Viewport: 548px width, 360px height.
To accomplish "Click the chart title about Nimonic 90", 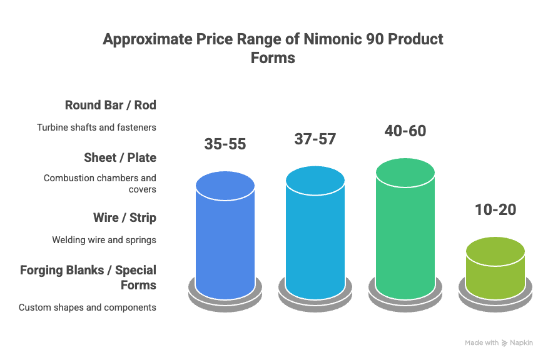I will pyautogui.click(x=273, y=48).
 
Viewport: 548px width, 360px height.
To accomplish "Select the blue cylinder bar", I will pyautogui.click(x=225, y=237).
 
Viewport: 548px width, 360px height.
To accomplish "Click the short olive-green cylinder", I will pyautogui.click(x=495, y=269).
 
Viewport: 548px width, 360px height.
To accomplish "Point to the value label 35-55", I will pyautogui.click(x=225, y=144).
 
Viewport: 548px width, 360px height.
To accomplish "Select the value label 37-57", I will pyautogui.click(x=315, y=139).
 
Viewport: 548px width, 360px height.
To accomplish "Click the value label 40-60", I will pyautogui.click(x=405, y=131).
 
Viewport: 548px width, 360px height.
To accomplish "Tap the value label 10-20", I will pyautogui.click(x=495, y=209).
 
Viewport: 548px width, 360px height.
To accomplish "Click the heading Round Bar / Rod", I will pyautogui.click(x=110, y=105).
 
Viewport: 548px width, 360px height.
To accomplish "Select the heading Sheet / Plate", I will pyautogui.click(x=120, y=157).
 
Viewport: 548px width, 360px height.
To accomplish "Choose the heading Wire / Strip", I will pyautogui.click(x=124, y=217).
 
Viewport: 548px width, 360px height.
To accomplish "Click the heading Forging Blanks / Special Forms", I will pyautogui.click(x=88, y=277).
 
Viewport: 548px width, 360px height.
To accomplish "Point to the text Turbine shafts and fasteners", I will pyautogui.click(x=96, y=127).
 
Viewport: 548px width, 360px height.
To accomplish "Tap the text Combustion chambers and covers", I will pyautogui.click(x=100, y=184).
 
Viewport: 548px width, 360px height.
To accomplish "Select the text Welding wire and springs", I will pyautogui.click(x=104, y=240).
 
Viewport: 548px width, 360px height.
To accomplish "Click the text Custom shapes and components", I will pyautogui.click(x=88, y=307).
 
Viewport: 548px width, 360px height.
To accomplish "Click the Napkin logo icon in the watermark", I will pyautogui.click(x=505, y=343).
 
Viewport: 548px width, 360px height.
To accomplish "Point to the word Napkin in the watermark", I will pyautogui.click(x=522, y=343).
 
